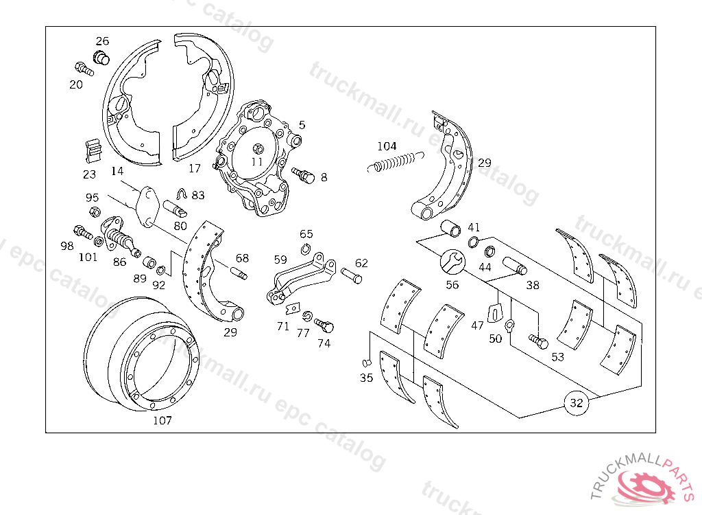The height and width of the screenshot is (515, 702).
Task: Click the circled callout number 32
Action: (577, 403)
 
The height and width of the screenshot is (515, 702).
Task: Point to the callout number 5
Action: (302, 125)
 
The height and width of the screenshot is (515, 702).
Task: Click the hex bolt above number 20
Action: (83, 69)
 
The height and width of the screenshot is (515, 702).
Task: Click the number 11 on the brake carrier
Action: (257, 162)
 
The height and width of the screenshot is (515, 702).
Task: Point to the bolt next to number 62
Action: (350, 276)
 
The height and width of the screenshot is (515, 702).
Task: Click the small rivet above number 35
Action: (366, 362)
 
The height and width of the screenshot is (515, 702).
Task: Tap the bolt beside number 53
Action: (538, 339)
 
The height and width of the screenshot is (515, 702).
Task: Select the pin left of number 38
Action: (514, 264)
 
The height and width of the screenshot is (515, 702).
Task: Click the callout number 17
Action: (195, 168)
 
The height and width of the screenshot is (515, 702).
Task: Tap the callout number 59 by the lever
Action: (280, 260)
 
